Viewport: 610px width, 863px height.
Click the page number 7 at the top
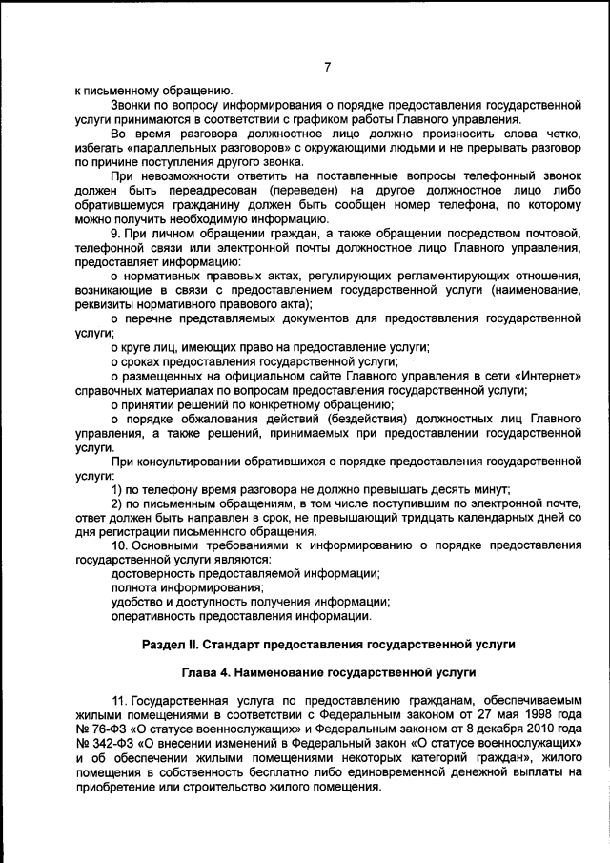point(327,67)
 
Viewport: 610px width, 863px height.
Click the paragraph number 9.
point(115,234)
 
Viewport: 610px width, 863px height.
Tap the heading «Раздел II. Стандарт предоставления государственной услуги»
point(328,645)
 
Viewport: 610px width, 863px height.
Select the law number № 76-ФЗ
point(100,729)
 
